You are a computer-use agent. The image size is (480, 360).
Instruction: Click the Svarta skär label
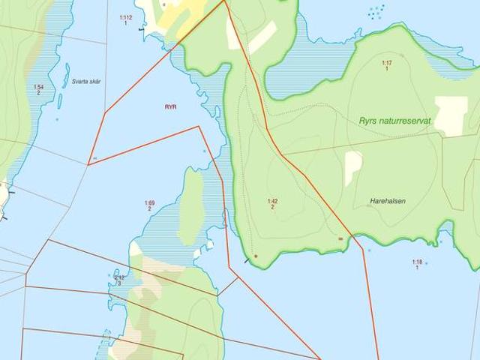(x=85, y=81)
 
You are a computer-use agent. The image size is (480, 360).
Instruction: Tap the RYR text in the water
(x=171, y=107)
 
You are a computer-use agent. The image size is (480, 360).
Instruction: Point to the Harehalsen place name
(x=388, y=201)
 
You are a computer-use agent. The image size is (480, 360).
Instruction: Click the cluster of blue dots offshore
(x=376, y=12)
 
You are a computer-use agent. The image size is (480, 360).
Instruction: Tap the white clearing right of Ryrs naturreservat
(x=451, y=115)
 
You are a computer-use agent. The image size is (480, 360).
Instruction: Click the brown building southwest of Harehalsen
(x=341, y=238)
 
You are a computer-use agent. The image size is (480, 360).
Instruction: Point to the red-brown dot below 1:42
(x=256, y=256)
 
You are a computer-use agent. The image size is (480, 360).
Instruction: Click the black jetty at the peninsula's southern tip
(x=247, y=260)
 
